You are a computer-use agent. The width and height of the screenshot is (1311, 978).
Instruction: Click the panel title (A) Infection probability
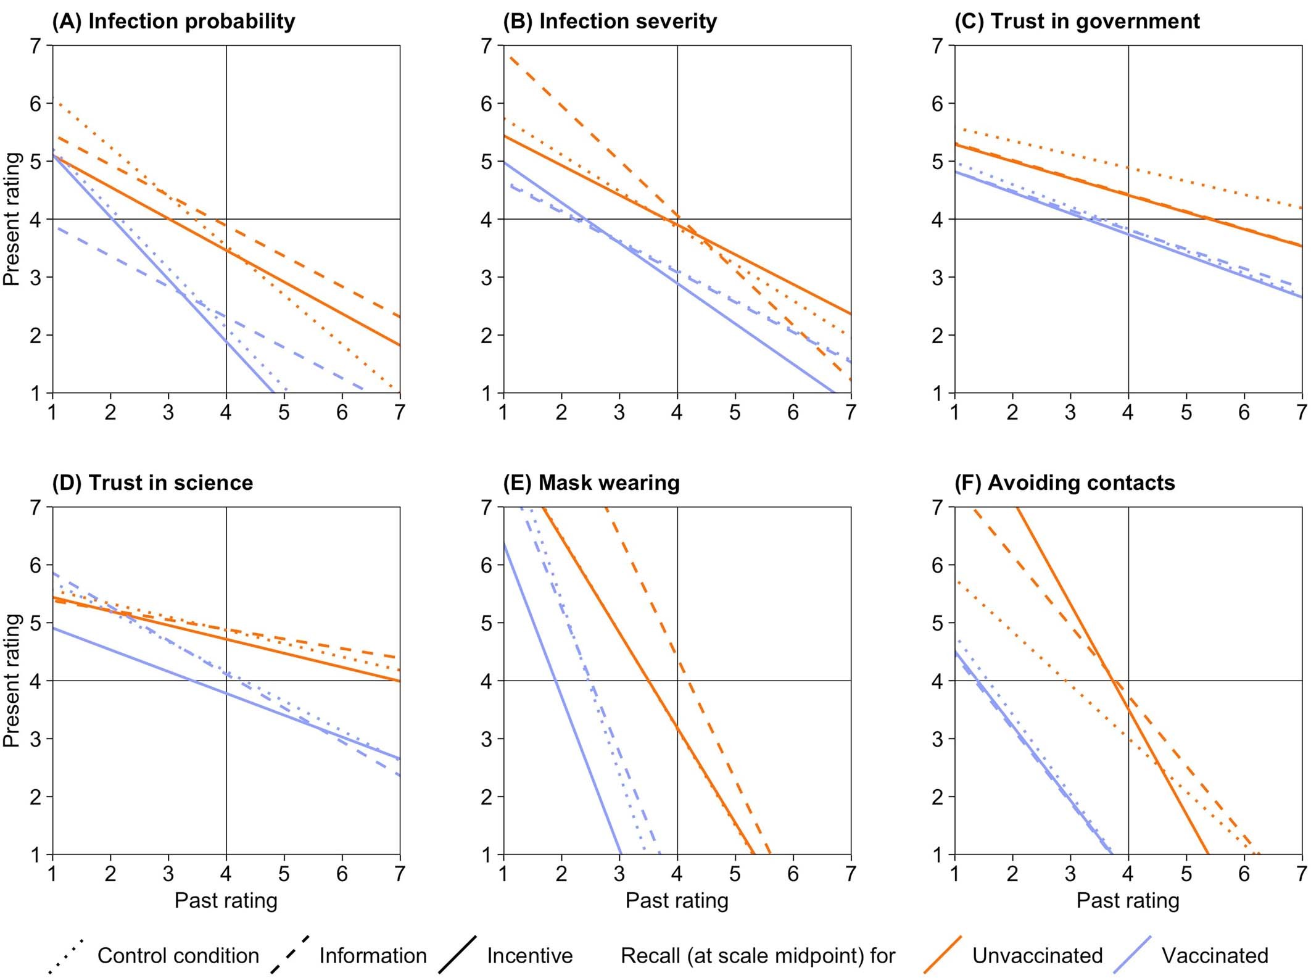tap(173, 22)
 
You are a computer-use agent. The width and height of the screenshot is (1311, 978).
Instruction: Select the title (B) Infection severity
tap(610, 22)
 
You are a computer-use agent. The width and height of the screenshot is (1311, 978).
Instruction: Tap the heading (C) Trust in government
tap(1077, 22)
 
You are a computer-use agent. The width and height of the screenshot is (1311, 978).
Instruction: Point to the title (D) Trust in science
tap(152, 483)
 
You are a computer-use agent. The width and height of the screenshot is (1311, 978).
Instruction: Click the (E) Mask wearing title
tap(591, 483)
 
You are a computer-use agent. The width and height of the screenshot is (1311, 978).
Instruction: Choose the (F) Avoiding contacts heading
tap(1064, 483)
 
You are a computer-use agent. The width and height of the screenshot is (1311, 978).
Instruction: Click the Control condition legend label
tap(178, 956)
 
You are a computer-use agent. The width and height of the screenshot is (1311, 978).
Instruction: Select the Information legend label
tap(373, 956)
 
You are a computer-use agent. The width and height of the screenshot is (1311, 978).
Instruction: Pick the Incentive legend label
tap(529, 956)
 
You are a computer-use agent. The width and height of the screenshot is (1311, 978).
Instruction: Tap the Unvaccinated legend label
tap(1037, 956)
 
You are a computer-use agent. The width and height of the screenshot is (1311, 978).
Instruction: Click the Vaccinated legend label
tap(1215, 956)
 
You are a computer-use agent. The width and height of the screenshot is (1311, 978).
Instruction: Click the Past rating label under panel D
tap(226, 900)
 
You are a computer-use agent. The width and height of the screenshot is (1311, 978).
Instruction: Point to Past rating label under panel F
tap(1128, 900)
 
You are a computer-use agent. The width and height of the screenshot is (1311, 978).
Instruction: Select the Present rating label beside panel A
tap(12, 219)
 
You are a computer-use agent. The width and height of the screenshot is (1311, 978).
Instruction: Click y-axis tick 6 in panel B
tap(487, 104)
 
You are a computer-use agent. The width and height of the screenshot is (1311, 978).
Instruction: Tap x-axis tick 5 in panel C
tap(1186, 412)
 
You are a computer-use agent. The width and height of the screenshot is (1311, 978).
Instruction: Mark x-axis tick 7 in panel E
tap(851, 874)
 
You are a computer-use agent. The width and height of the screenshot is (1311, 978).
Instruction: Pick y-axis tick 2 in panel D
tap(36, 797)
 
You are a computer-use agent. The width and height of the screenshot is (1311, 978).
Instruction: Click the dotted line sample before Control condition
tap(65, 956)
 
